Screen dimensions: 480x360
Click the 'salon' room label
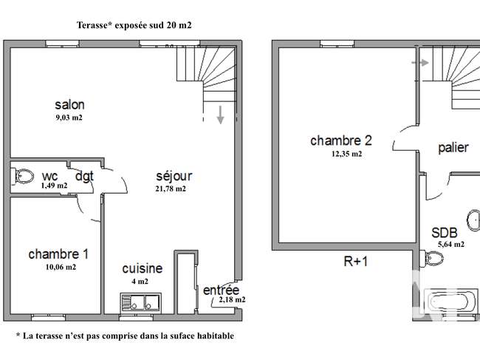(70, 105)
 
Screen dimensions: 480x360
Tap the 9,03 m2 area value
(69, 118)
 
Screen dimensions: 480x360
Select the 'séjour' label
(174, 176)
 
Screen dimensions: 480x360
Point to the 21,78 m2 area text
(171, 189)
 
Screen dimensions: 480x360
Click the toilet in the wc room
(23, 177)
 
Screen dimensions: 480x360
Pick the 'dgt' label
(84, 176)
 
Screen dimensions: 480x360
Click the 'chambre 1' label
(58, 254)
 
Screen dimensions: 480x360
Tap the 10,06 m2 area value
(61, 267)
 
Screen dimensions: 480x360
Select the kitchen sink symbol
(141, 303)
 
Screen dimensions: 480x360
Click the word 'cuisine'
(143, 268)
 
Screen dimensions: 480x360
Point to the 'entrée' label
(221, 290)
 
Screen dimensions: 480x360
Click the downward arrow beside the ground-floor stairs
(220, 115)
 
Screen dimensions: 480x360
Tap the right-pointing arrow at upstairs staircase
(420, 63)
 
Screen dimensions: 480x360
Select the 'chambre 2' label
(341, 140)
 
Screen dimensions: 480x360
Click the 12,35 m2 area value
(346, 154)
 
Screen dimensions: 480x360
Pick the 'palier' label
(453, 148)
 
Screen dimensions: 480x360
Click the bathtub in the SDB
(450, 302)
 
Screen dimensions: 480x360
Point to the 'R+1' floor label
(356, 262)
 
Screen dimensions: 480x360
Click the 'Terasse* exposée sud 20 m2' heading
(134, 25)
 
